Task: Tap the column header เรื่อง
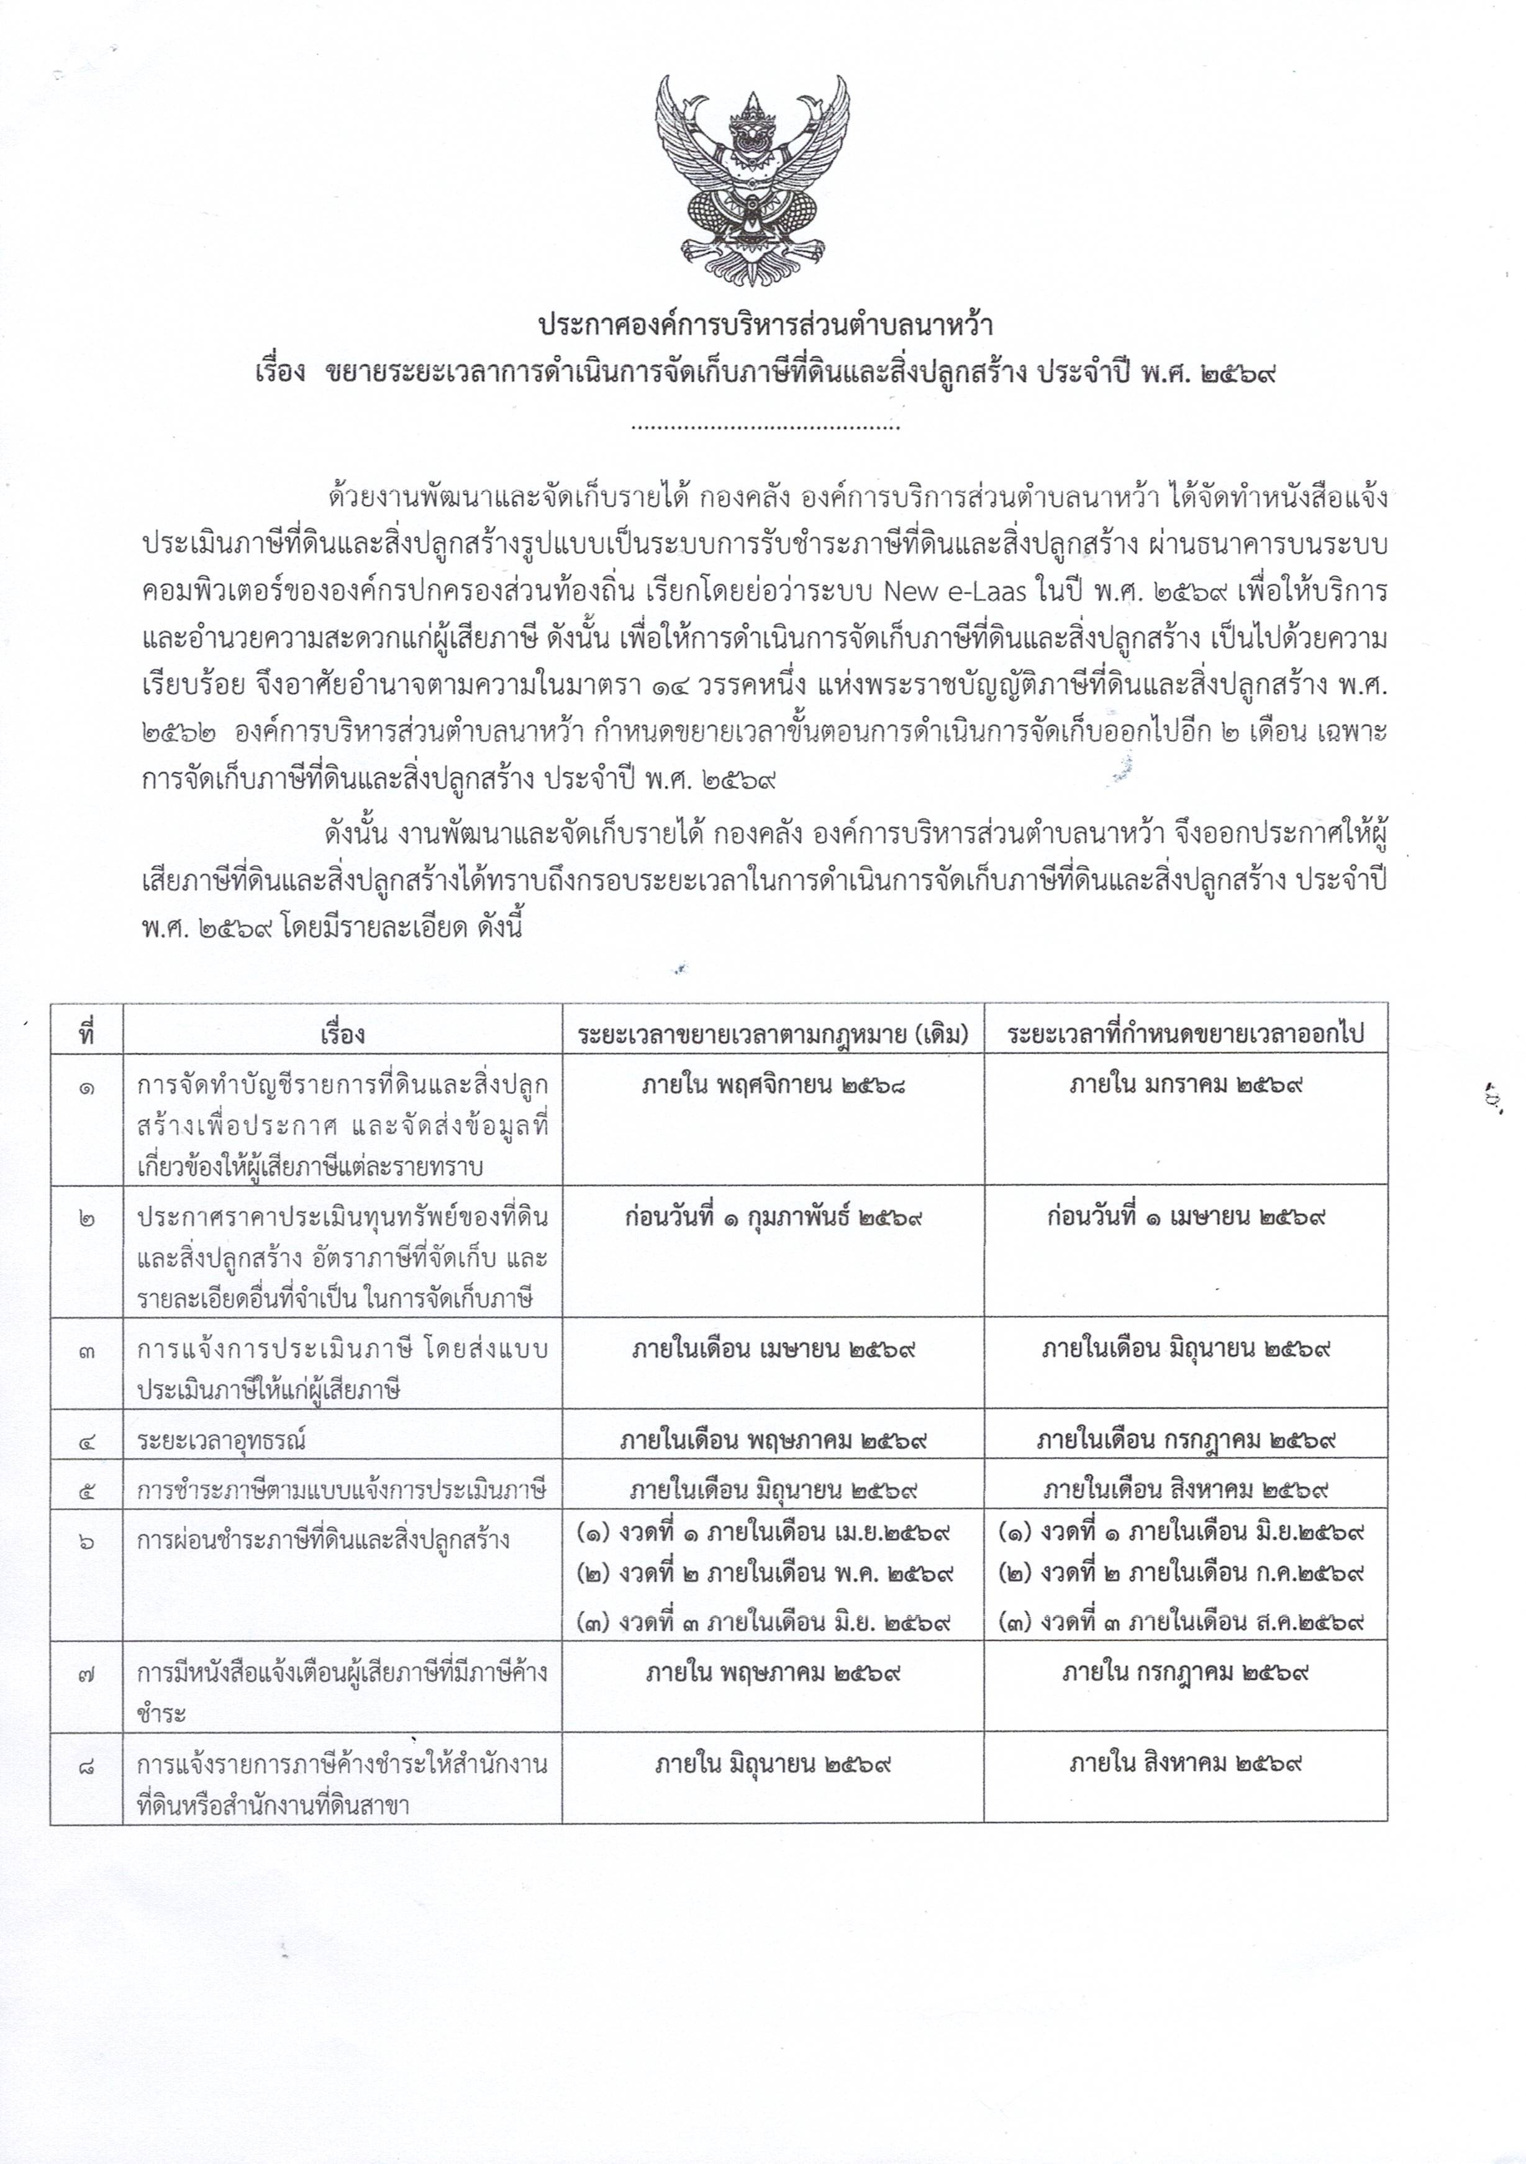342,1035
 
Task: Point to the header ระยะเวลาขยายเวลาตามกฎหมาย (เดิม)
773,1035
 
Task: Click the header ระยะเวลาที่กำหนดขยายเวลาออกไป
1185,1035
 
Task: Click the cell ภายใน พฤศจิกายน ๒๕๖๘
773,1084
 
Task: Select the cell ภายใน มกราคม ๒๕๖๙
1185,1084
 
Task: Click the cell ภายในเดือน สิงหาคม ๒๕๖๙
1186,1490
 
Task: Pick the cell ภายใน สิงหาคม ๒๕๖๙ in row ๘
1185,1763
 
